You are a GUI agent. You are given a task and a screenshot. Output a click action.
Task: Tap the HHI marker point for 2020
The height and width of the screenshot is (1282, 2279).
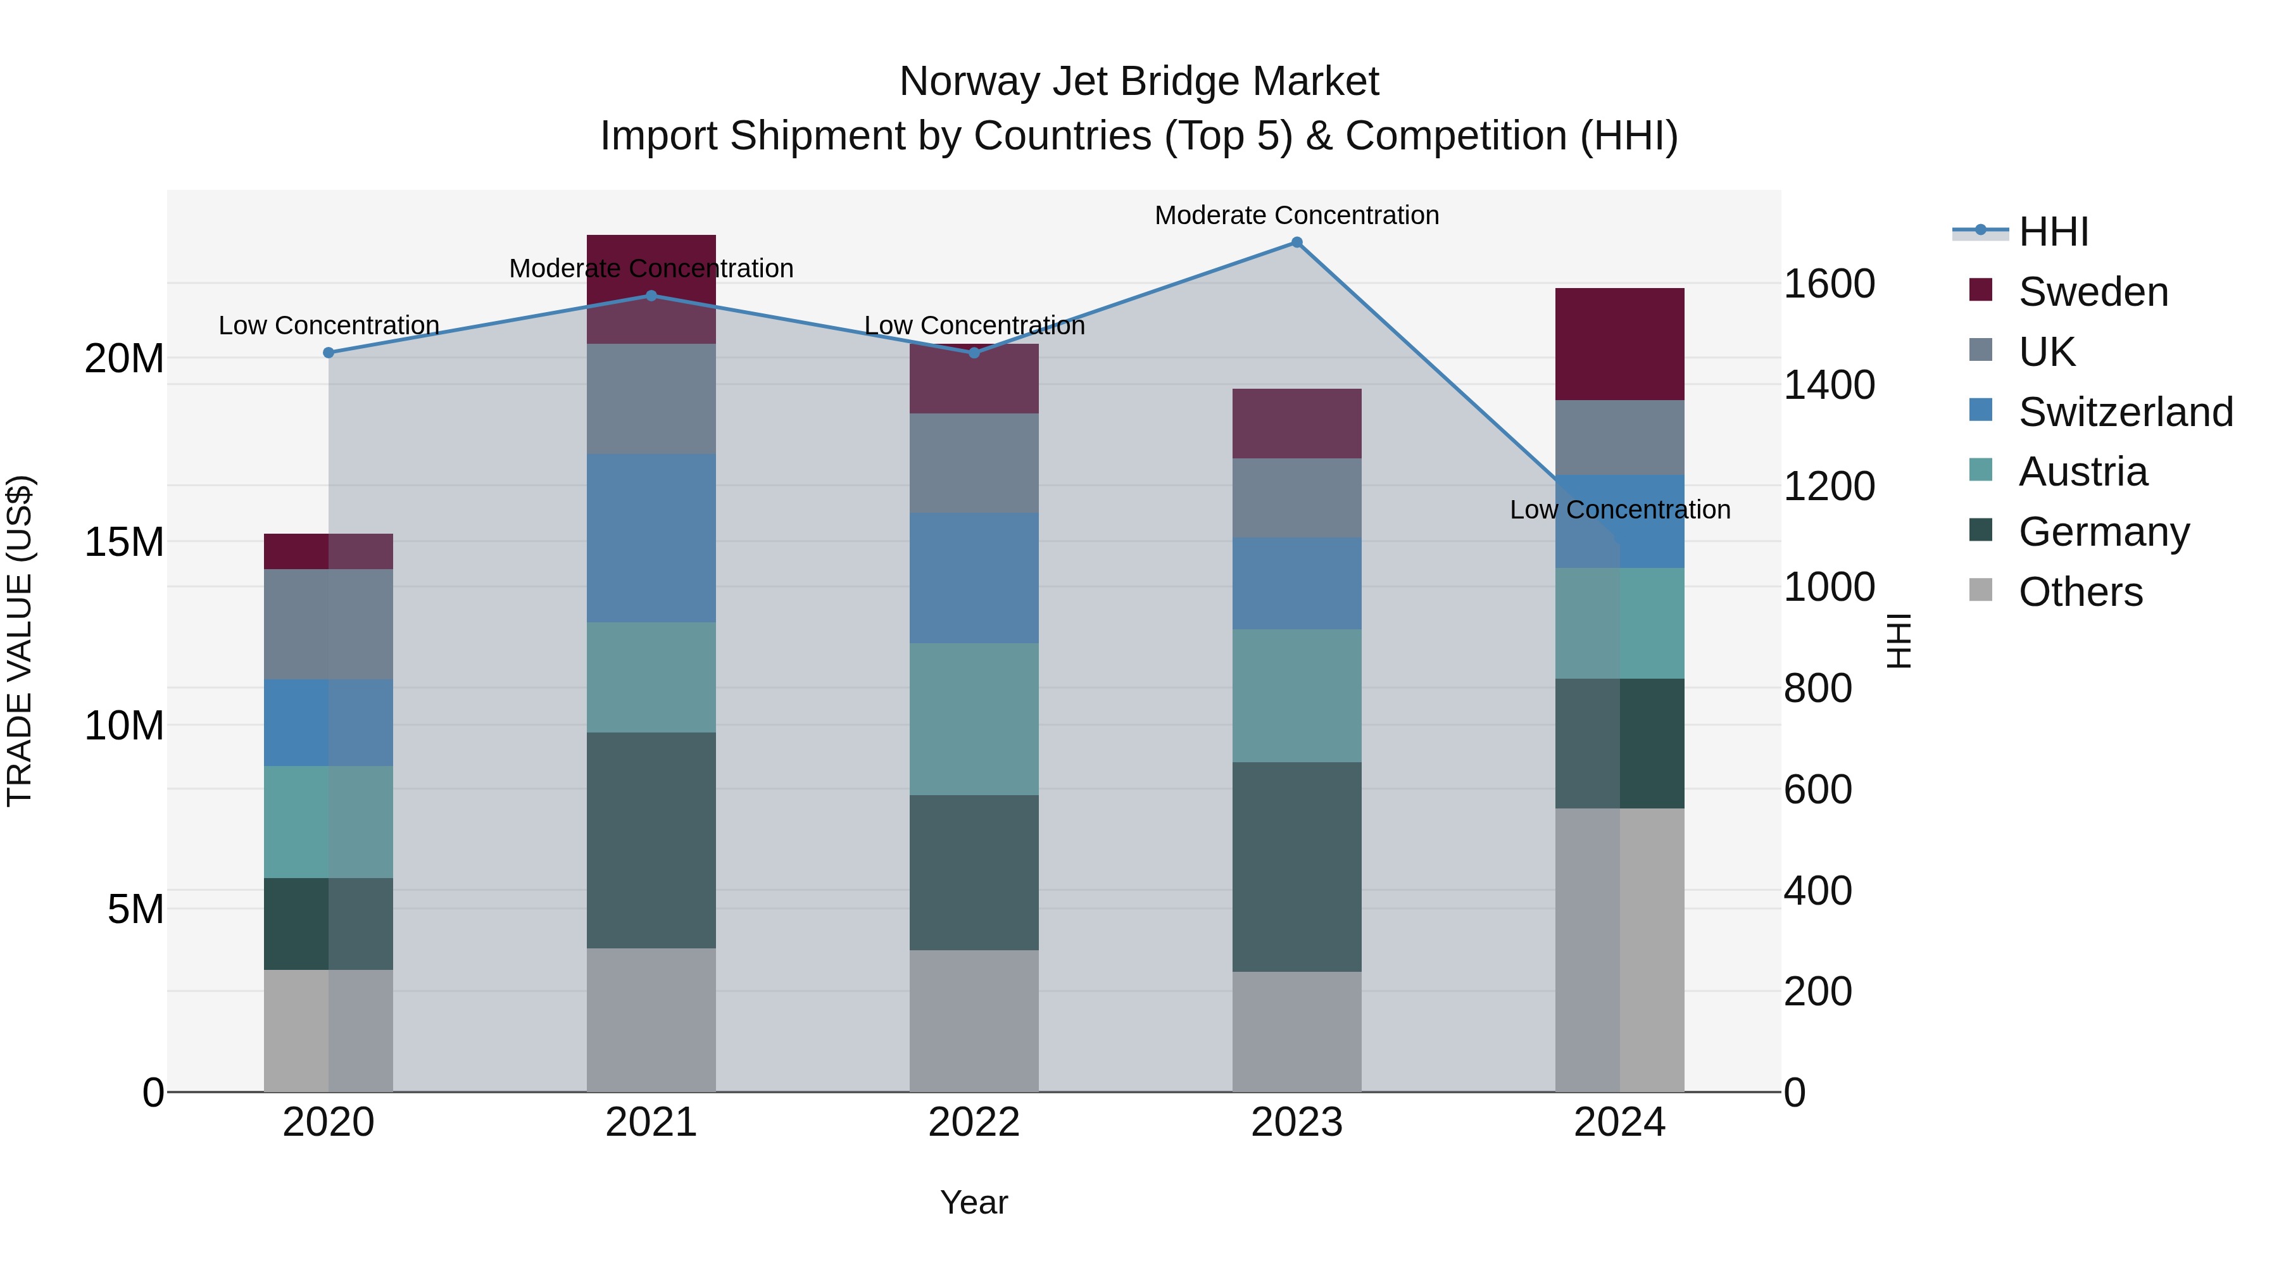(328, 353)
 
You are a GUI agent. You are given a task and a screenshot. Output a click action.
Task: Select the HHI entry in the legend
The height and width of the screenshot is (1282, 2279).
(2052, 232)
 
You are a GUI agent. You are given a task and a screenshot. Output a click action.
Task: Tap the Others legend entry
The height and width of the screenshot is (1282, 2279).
(2079, 592)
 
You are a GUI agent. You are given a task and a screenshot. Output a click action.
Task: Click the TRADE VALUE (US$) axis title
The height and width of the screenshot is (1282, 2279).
(20, 641)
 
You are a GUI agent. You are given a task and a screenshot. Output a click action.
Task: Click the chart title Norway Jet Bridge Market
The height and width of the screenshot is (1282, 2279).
(1139, 82)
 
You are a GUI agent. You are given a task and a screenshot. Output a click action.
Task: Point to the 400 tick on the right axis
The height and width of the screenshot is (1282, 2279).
(1817, 890)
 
